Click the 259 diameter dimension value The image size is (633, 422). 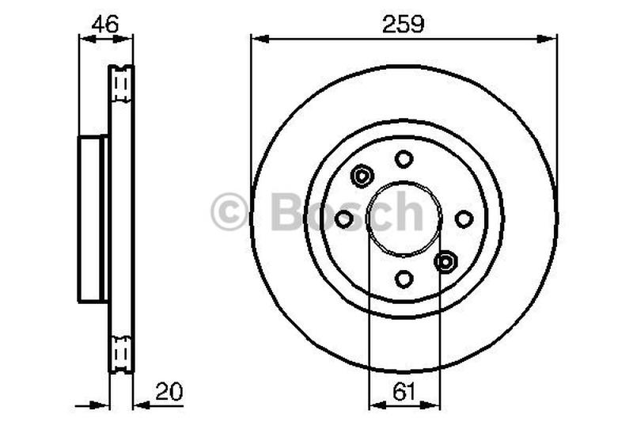click(x=404, y=24)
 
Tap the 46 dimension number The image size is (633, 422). click(x=105, y=24)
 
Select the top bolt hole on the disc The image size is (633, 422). click(x=404, y=158)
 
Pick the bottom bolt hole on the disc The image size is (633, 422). click(x=404, y=279)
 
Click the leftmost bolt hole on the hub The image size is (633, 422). click(x=344, y=219)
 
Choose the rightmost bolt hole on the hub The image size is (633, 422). click(x=464, y=219)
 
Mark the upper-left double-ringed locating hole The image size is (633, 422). click(x=362, y=176)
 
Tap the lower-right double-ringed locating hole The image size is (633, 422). click(x=445, y=260)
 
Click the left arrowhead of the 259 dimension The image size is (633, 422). click(x=256, y=37)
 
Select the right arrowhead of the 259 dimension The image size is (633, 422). click(x=551, y=37)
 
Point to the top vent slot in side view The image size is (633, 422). click(x=121, y=85)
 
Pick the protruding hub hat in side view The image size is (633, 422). click(x=93, y=219)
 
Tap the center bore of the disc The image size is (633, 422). click(x=404, y=219)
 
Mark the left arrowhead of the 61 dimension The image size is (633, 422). click(x=375, y=405)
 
